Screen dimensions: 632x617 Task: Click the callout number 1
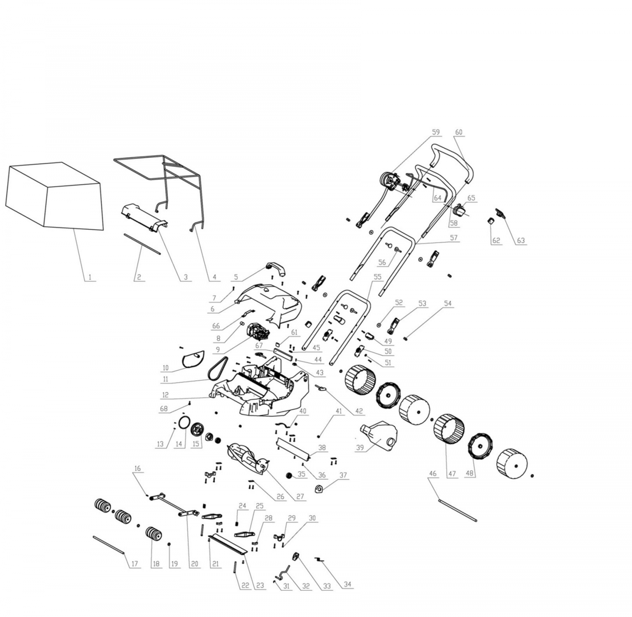89,277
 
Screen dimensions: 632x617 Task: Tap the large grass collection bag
54,195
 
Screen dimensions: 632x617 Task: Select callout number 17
134,564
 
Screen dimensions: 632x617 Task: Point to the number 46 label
432,474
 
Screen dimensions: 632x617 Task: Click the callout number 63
521,240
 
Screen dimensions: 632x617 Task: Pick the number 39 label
360,448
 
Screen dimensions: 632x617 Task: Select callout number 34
348,584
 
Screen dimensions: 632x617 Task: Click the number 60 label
459,132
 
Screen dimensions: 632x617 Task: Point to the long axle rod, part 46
458,510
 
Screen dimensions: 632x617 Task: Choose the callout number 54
448,303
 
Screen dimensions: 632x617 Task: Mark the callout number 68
164,409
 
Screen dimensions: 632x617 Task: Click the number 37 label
343,475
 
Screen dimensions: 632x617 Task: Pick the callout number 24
242,506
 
